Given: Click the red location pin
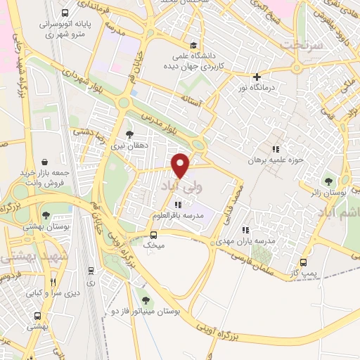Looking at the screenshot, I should pos(181,165).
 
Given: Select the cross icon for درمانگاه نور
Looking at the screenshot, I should pos(257,77).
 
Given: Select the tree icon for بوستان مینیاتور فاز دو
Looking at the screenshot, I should pos(146,300).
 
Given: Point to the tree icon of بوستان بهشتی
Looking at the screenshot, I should pos(46,216).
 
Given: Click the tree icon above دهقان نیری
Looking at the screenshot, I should pos(129,134).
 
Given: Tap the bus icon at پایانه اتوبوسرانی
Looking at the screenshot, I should pos(65,13).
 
